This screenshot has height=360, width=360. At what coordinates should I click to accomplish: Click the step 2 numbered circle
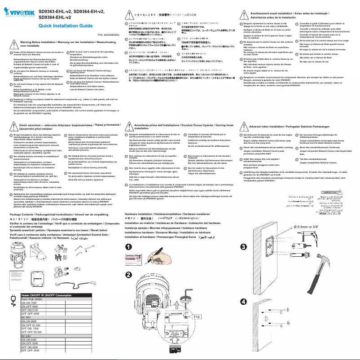(x=128, y=275)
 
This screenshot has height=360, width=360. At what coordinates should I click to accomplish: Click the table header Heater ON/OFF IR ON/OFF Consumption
(x=47, y=295)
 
